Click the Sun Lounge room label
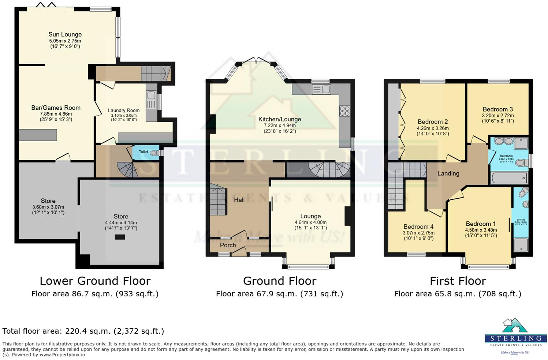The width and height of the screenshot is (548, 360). [x=65, y=34]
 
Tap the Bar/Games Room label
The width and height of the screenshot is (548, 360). [x=56, y=108]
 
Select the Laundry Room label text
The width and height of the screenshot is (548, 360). [x=124, y=110]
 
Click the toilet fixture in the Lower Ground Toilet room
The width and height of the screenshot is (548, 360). [x=155, y=153]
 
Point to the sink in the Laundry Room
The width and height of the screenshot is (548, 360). [x=151, y=95]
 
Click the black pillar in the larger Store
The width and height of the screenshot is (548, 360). [x=120, y=237]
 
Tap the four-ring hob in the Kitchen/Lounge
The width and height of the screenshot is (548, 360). [x=344, y=111]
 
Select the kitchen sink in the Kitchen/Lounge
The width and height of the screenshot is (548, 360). [x=321, y=89]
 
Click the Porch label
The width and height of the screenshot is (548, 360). [x=228, y=245]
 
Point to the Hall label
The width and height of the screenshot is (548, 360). [x=239, y=200]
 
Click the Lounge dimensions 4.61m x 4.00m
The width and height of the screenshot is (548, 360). [x=310, y=222]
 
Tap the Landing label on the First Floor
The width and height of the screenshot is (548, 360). [x=448, y=173]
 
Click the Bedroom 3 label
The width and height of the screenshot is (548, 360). [x=497, y=109]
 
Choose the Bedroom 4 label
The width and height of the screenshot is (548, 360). [x=418, y=226]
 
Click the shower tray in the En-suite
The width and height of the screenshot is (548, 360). [x=521, y=245]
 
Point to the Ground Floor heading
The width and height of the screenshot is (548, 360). [x=280, y=281]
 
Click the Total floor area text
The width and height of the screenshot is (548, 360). [x=83, y=331]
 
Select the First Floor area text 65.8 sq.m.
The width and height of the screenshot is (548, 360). [x=458, y=294]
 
